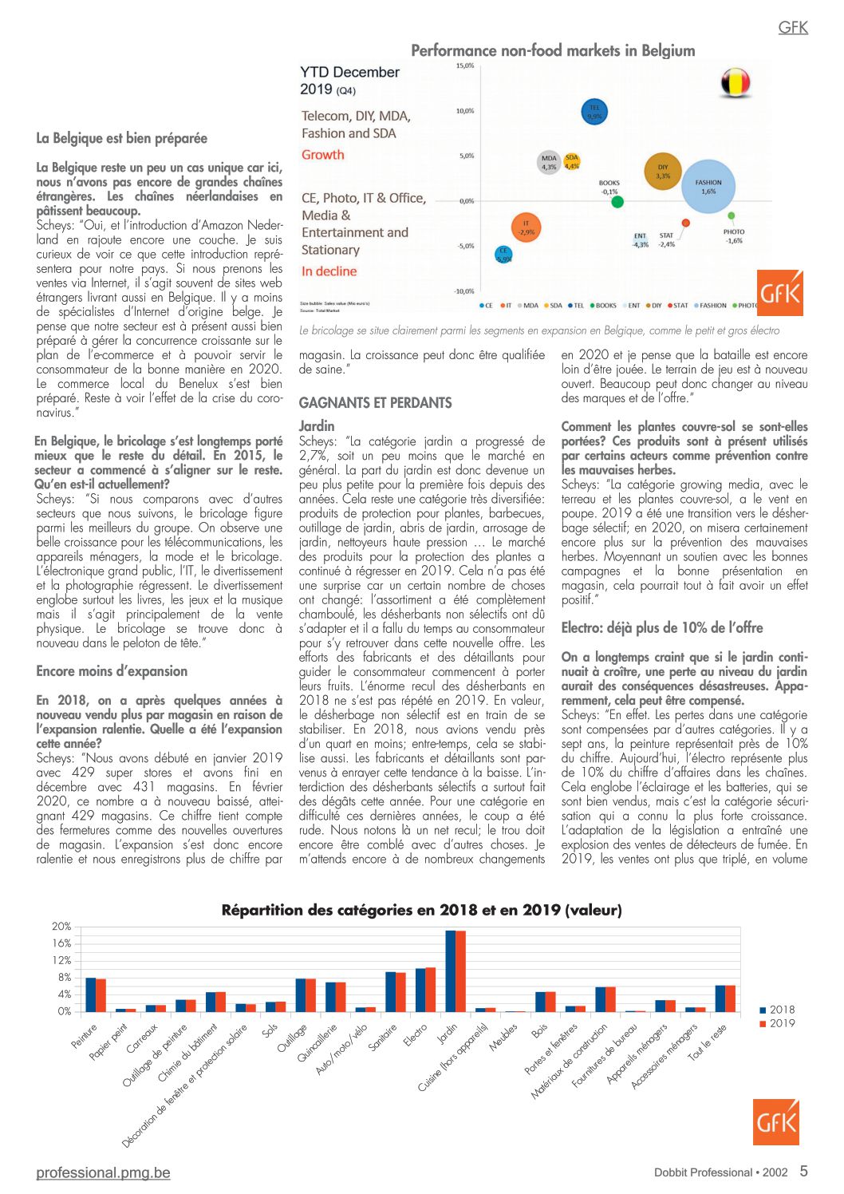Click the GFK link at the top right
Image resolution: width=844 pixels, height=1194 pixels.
793,27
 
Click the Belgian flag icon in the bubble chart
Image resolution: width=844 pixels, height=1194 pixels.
736,82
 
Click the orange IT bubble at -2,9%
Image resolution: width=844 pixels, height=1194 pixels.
526,228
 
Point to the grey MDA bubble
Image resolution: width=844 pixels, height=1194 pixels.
549,163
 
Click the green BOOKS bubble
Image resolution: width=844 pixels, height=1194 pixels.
617,202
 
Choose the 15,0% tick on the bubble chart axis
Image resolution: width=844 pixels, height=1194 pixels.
465,65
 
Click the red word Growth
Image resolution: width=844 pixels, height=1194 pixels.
323,155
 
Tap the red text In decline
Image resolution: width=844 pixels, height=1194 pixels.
329,271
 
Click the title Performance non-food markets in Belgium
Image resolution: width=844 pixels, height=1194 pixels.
553,50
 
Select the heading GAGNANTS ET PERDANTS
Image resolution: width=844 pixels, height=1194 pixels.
375,403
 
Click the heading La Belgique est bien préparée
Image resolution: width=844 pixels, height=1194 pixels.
121,138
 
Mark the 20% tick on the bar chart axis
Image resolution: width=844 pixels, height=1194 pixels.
61,927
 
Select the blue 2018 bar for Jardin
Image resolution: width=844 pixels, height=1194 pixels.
450,971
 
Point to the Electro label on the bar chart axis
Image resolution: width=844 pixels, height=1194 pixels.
416,1035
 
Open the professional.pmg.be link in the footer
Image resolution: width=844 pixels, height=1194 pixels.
103,1172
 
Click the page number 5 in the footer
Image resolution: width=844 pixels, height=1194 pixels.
803,1171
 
